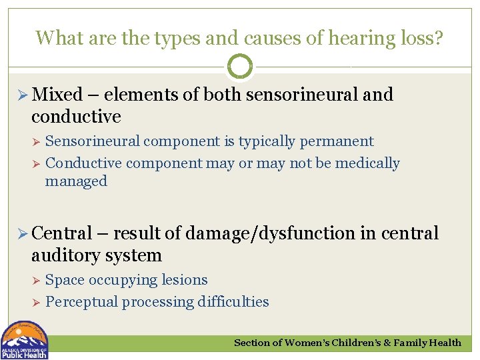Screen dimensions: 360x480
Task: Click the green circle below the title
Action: point(240,67)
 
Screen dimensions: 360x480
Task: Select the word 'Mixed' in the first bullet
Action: point(57,95)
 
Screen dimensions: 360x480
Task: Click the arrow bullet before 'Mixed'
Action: point(21,95)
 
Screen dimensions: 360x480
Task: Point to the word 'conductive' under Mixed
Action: point(76,117)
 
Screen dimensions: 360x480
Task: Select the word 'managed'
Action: point(76,181)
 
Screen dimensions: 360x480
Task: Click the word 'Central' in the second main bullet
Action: point(61,233)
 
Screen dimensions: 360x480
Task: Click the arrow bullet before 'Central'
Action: point(21,234)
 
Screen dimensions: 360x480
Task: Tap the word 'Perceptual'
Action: point(82,302)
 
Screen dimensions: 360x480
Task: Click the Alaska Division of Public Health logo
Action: point(24,341)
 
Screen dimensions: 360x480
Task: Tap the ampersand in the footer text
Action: point(385,343)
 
